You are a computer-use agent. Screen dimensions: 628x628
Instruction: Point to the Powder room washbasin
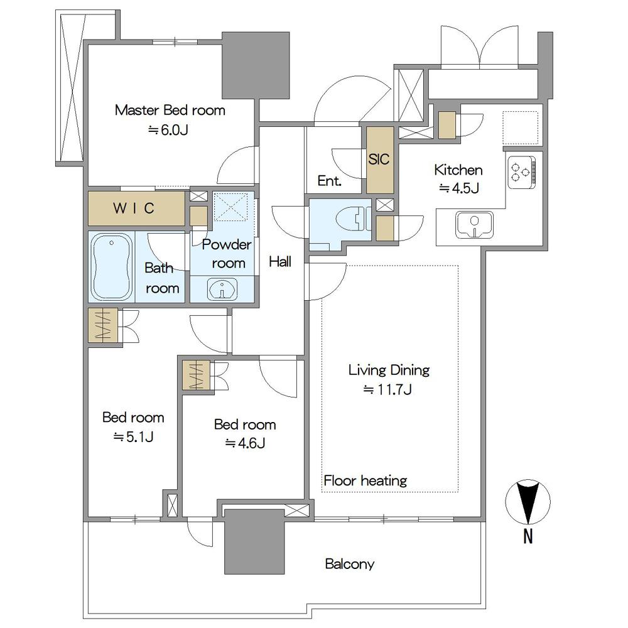coord(222,290)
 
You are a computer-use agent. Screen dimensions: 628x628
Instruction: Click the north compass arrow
coord(528,502)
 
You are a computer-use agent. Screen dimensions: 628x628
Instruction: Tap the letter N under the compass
coord(528,537)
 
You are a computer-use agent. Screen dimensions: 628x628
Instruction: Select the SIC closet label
coord(379,160)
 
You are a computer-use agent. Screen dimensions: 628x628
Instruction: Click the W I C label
coord(134,208)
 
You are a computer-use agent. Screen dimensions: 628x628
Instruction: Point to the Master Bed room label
coord(170,111)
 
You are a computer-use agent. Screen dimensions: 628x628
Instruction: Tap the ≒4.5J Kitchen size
coord(458,188)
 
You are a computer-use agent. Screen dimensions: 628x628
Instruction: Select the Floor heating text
coord(365,481)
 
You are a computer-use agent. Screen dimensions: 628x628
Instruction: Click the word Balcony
coord(349,564)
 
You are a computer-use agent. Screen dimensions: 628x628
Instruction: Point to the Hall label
coord(280,262)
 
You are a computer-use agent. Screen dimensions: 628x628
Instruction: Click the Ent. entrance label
coord(329,181)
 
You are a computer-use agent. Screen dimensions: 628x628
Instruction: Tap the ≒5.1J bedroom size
coord(133,437)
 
